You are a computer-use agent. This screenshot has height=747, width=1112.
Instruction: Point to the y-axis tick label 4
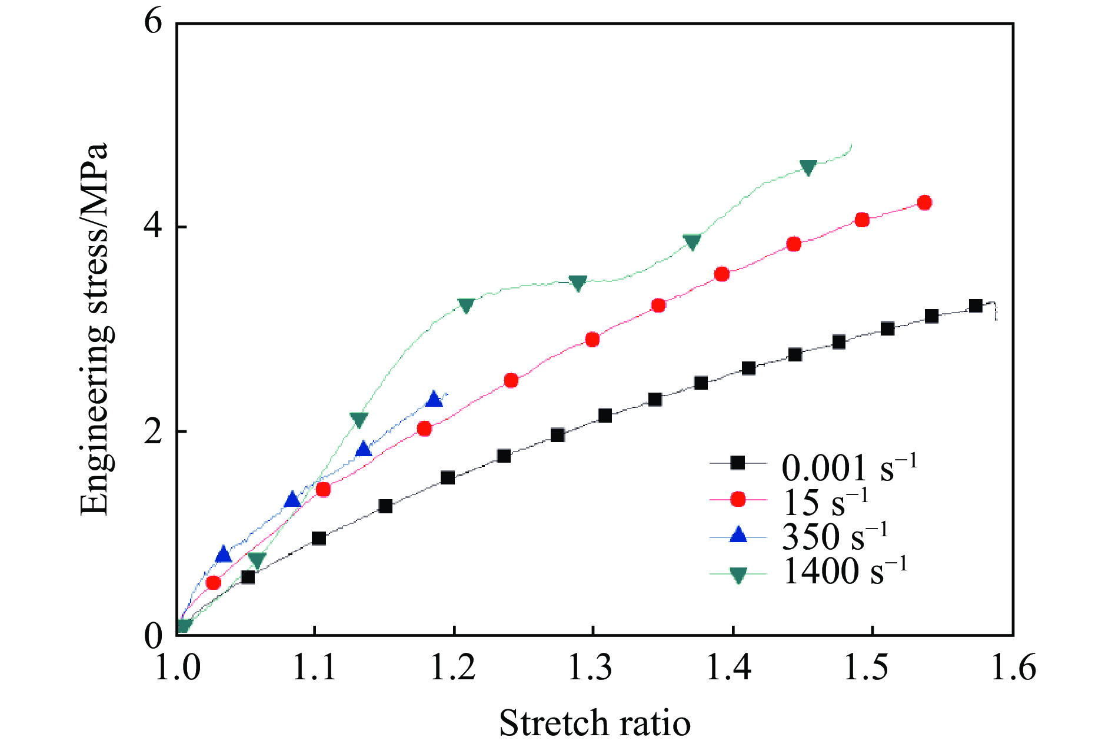tap(154, 227)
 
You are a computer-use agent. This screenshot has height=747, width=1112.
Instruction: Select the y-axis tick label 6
tap(154, 24)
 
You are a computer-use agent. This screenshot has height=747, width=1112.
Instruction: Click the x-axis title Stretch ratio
tap(594, 723)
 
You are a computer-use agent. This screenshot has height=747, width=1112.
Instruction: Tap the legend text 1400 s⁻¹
tap(845, 570)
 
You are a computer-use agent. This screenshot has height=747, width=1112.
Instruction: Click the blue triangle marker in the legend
tap(738, 535)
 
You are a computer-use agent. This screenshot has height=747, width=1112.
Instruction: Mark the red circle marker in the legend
tap(738, 500)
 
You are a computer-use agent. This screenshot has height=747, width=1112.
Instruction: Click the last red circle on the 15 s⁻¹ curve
tap(924, 202)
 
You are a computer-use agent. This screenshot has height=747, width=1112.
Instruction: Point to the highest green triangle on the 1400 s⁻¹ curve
tap(809, 168)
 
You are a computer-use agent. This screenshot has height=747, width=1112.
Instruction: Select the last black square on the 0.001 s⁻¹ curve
tap(976, 306)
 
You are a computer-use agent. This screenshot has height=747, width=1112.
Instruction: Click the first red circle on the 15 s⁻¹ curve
tap(214, 583)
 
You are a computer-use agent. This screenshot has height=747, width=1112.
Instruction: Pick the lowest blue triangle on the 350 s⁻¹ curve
tap(224, 555)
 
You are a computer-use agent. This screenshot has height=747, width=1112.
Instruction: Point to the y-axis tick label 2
tap(154, 431)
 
